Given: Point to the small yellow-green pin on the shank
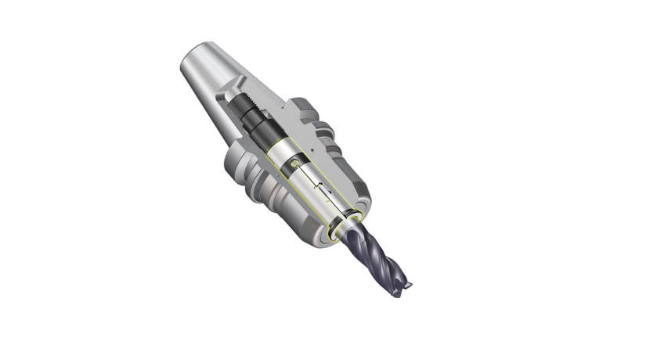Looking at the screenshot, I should pyautogui.click(x=292, y=164).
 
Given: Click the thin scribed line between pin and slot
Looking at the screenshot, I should pyautogui.click(x=309, y=180).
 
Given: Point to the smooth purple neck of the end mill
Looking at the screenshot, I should pyautogui.click(x=360, y=235).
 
